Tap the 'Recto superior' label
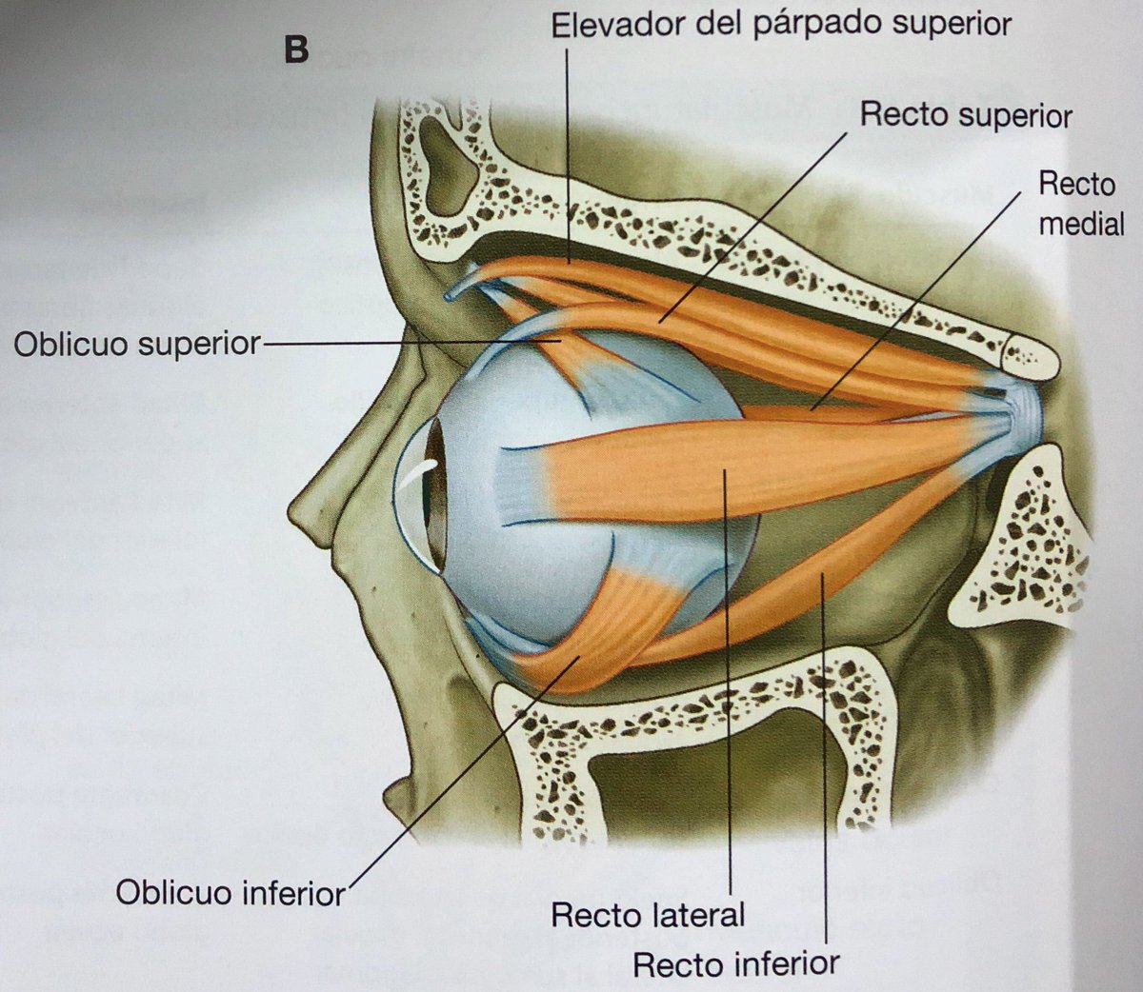[x=966, y=115]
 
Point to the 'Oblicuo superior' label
[x=136, y=344]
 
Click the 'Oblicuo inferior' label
[x=230, y=892]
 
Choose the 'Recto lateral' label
[x=648, y=916]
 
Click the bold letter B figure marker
[x=296, y=50]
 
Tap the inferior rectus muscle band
[x=838, y=571]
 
